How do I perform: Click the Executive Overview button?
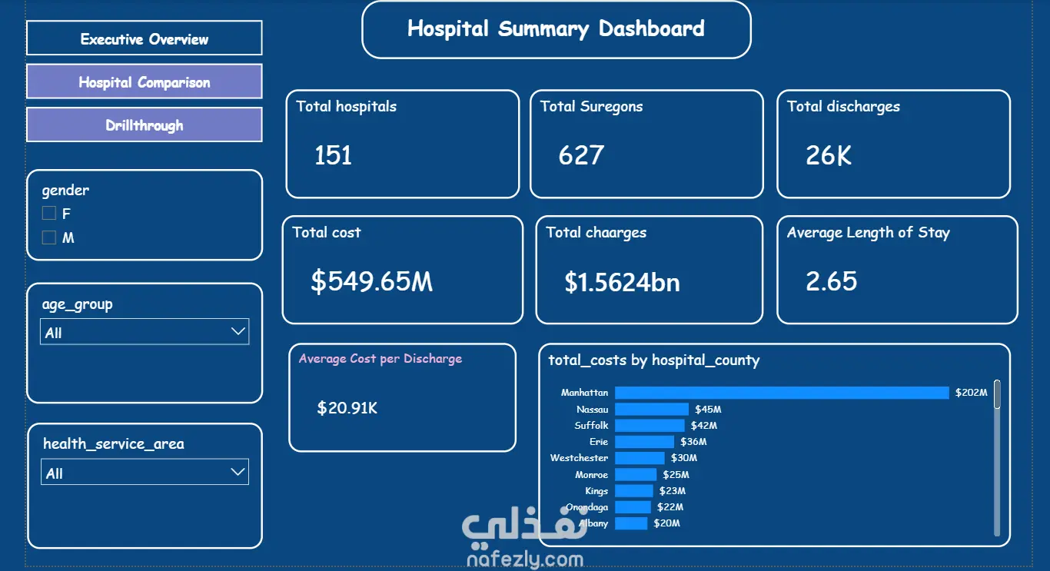[x=145, y=38]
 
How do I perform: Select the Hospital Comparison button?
[x=145, y=81]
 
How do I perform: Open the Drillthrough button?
[x=145, y=124]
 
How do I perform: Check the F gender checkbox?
[x=48, y=214]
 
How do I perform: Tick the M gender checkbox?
[x=48, y=237]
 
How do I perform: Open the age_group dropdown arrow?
[x=238, y=331]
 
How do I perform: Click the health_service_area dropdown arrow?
[x=238, y=472]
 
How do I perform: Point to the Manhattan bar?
[x=782, y=393]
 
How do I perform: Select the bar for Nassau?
[x=652, y=410]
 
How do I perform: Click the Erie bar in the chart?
[x=645, y=442]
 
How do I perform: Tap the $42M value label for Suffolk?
[x=703, y=426]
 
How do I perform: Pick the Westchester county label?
[x=579, y=457]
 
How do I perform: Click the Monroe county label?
[x=592, y=474]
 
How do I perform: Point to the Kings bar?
[x=633, y=491]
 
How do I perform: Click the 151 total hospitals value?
[x=333, y=155]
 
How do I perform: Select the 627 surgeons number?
[x=581, y=155]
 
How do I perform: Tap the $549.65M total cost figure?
[x=372, y=281]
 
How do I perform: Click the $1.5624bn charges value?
[x=622, y=282]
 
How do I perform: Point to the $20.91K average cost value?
[x=347, y=408]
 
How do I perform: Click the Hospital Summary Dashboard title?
[x=556, y=29]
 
